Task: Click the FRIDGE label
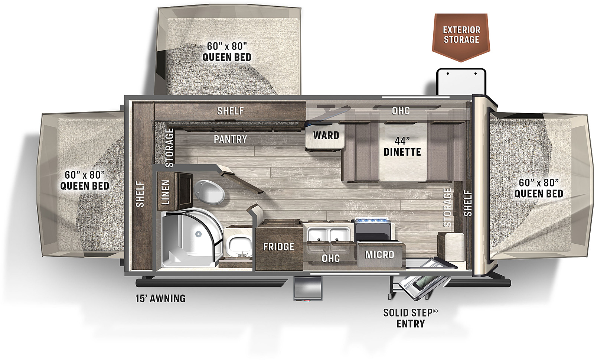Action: pos(279,247)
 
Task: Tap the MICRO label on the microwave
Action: pos(380,255)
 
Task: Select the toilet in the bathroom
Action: pos(209,192)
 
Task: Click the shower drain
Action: pos(198,234)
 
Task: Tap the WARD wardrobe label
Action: pos(326,135)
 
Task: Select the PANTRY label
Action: pos(231,139)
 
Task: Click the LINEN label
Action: pos(166,192)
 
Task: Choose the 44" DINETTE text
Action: pos(402,147)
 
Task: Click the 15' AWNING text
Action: pos(160,299)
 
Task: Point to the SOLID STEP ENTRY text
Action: pos(411,318)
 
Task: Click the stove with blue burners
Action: pos(372,229)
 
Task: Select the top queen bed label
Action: pos(227,52)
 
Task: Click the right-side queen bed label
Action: pos(539,188)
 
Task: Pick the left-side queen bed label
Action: pos(85,181)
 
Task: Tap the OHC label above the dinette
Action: pos(401,111)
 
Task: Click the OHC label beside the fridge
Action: pos(330,259)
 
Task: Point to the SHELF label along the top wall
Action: pos(231,111)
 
